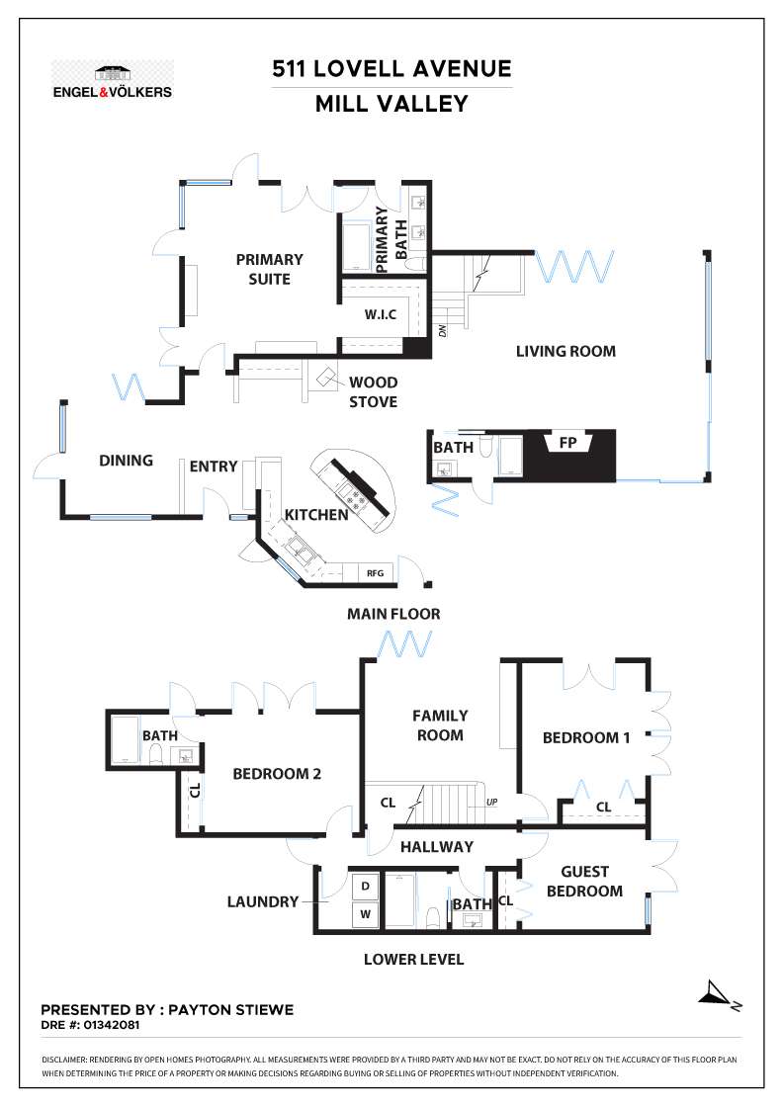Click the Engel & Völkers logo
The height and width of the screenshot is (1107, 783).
112,80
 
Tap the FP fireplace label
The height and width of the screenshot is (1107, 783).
567,443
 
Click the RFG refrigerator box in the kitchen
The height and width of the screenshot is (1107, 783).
375,572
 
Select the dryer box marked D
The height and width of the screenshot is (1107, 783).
364,886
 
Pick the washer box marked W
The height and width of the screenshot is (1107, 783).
364,914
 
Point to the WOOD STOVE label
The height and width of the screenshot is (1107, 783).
373,391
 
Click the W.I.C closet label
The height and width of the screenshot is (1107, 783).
380,315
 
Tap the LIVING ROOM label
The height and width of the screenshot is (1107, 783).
565,351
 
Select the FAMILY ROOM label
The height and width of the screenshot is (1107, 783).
440,724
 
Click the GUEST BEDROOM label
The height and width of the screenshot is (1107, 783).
584,881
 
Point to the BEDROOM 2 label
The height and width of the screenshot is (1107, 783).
277,774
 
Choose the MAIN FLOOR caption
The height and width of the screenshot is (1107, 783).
393,614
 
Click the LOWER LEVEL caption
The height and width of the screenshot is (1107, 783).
413,959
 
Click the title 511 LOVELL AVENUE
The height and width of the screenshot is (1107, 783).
392,69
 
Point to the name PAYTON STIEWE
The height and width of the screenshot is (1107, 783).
230,1010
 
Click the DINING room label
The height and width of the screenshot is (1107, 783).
127,461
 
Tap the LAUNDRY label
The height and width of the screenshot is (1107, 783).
263,901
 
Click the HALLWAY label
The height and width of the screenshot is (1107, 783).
436,846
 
